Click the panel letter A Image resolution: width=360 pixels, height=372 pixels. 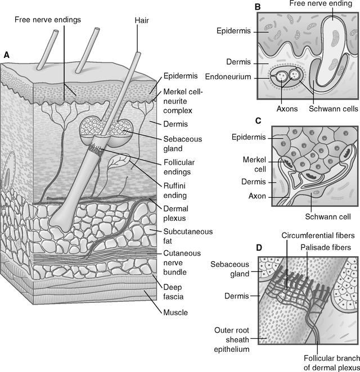tap(6, 55)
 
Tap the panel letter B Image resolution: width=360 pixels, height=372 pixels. tap(258, 7)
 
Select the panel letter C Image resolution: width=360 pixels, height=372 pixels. tap(257, 121)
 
